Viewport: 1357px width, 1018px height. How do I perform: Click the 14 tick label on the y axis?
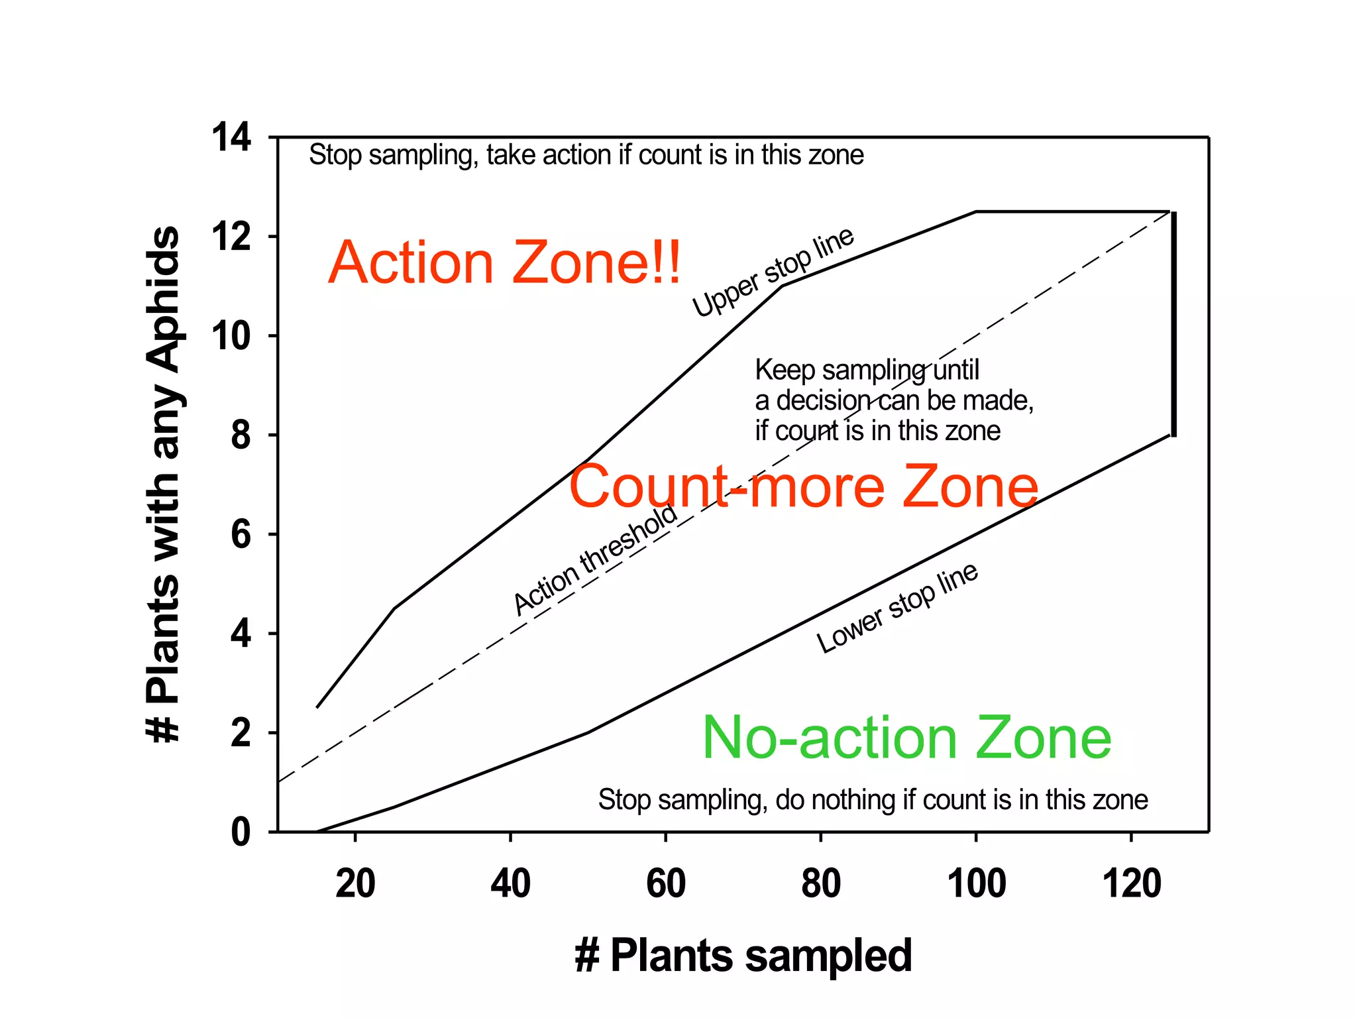(x=231, y=138)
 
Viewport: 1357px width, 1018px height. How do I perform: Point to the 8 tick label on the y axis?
(x=241, y=435)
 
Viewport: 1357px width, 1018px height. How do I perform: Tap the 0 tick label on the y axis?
(x=241, y=832)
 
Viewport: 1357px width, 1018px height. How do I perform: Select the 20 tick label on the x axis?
(x=355, y=883)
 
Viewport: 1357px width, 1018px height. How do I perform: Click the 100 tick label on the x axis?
(x=976, y=883)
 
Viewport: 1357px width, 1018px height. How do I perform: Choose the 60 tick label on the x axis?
(x=665, y=883)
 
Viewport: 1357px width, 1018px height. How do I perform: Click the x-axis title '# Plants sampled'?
(x=743, y=956)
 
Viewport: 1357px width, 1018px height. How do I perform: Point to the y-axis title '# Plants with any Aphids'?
(x=163, y=484)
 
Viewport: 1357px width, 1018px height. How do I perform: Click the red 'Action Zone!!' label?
(x=504, y=262)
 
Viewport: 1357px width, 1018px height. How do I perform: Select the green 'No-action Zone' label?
(x=906, y=738)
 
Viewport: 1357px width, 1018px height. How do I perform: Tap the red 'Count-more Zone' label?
(x=803, y=486)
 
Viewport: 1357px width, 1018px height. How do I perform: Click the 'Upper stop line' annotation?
(x=773, y=272)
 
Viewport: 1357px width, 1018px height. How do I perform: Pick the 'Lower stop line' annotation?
(x=896, y=608)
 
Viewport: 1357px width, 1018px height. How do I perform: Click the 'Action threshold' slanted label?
(x=595, y=559)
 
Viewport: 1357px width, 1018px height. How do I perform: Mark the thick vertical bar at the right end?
(x=1173, y=324)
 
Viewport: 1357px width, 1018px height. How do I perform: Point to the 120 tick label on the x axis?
(x=1131, y=883)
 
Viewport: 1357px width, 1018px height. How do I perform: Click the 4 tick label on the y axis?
(x=241, y=634)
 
